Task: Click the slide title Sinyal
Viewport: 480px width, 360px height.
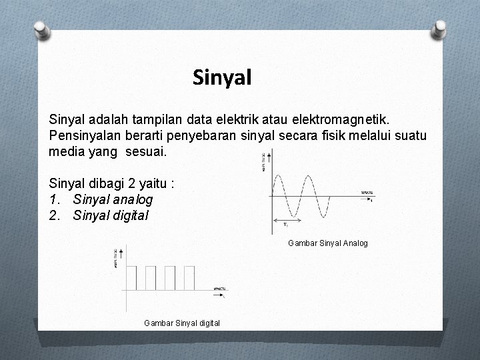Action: tap(222, 78)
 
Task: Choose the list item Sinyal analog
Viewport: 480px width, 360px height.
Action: tap(113, 199)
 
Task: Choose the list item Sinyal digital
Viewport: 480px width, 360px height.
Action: tap(111, 215)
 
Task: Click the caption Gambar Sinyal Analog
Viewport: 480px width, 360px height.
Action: tap(327, 243)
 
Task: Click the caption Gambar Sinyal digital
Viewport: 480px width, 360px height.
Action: tap(182, 323)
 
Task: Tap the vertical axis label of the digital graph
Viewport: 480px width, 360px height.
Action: tap(115, 257)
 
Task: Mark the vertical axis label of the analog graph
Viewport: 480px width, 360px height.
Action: tap(264, 162)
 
